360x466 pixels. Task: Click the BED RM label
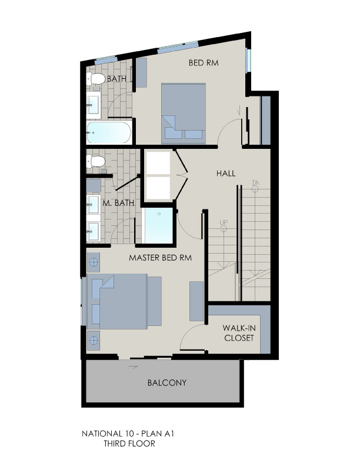pos(204,63)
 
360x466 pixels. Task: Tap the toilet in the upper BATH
pos(96,79)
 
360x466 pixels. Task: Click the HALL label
pos(226,173)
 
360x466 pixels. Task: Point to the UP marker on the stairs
pos(224,224)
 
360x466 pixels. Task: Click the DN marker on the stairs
pos(256,186)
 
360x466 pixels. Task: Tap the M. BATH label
pos(118,203)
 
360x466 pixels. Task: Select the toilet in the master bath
pos(96,161)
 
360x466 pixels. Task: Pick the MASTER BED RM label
pos(161,258)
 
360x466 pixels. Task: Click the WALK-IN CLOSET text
pos(239,333)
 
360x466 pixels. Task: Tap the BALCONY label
pos(167,382)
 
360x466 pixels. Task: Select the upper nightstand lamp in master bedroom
pos(94,262)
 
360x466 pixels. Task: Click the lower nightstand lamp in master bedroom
pos(94,340)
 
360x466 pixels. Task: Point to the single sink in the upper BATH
pos(94,105)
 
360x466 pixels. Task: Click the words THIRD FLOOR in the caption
pos(129,444)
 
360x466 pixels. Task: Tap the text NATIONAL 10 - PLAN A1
pos(128,434)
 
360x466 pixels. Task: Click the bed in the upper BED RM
pos(184,113)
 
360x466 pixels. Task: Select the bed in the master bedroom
pos(124,301)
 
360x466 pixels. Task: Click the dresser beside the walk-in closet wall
pos(196,301)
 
